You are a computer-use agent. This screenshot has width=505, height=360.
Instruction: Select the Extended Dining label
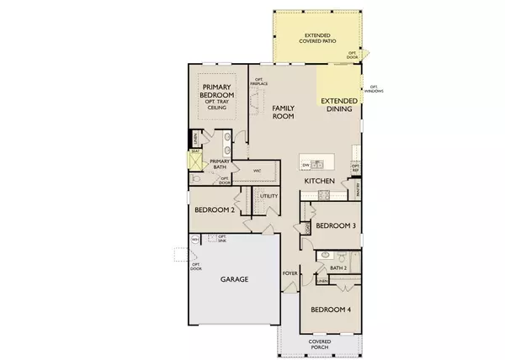coord(338,106)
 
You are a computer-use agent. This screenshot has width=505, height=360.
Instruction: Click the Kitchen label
coord(320,182)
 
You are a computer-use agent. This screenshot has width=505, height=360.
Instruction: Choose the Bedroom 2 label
coord(215,210)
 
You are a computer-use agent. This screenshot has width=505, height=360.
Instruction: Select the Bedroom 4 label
coord(331,310)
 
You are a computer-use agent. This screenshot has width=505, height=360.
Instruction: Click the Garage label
coord(234,279)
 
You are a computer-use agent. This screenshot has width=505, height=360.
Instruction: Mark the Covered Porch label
coord(319,343)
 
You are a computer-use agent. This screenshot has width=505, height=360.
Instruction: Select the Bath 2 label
coord(338,268)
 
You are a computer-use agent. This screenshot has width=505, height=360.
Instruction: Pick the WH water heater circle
coord(195,240)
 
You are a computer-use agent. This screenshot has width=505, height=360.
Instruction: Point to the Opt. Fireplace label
coord(260,81)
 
